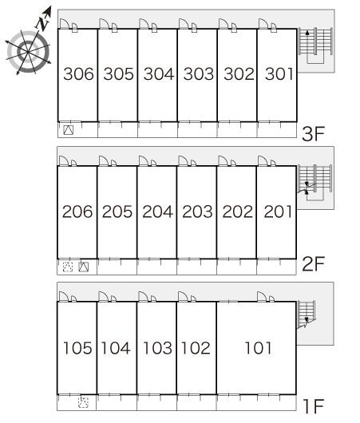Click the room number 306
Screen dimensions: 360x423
tap(78, 74)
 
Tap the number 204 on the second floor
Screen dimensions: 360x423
tap(157, 211)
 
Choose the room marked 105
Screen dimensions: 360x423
tap(77, 348)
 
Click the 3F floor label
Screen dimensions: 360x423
tap(313, 134)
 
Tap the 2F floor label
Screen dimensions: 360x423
tap(313, 264)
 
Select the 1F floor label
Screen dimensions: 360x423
tap(314, 406)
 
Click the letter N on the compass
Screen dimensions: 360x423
tap(43, 24)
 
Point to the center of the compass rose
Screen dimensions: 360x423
tap(28, 51)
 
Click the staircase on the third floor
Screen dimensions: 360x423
tap(315, 45)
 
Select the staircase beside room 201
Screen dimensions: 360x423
tap(315, 182)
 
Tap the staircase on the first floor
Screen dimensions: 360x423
tap(307, 314)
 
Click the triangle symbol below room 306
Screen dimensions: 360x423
tap(69, 130)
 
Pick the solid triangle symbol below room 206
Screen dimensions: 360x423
tap(83, 267)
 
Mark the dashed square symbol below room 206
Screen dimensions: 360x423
tap(68, 267)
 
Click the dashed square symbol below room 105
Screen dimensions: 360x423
tap(83, 402)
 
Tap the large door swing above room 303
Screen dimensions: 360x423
tap(184, 23)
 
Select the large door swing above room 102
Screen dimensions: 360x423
tap(183, 296)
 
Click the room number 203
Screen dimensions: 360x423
tap(197, 211)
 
